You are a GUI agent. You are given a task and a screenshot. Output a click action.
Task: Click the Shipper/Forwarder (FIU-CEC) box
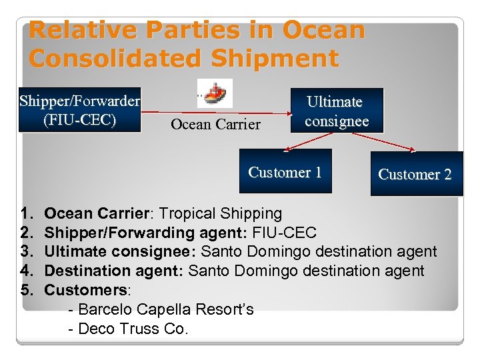80,111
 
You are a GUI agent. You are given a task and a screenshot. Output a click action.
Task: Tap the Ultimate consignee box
337,111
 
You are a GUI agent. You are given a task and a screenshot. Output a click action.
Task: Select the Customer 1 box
285,172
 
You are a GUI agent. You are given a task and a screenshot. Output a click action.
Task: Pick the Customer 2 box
415,175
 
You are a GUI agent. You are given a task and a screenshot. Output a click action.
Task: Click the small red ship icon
217,94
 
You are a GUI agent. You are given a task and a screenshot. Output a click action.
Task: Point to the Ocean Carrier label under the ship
215,124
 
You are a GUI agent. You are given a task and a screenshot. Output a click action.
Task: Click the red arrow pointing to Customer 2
384,141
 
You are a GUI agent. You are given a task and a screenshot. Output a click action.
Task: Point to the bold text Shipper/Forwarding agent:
146,233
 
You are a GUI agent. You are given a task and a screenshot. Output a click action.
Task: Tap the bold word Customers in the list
85,291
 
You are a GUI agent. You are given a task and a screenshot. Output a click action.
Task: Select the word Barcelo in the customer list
107,310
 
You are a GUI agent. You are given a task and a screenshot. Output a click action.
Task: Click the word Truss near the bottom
146,329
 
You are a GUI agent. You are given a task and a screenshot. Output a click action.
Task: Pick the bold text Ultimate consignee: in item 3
120,252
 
